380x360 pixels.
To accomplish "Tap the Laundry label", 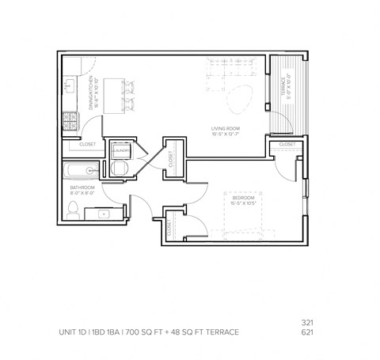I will tap(121, 150).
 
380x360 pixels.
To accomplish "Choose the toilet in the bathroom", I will tap(72, 210).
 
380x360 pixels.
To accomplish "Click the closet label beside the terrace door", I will tap(286, 145).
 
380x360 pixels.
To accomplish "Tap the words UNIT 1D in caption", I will tap(76, 332).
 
